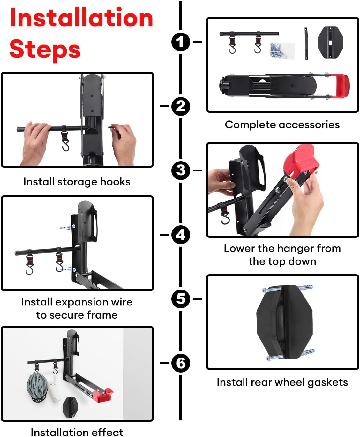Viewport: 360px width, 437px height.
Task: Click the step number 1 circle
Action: tap(181, 42)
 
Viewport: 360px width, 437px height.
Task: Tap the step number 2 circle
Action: tap(181, 106)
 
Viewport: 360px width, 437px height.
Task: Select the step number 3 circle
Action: tap(181, 170)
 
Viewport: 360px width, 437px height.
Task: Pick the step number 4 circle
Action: tap(181, 235)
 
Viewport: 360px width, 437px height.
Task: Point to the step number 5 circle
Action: tap(181, 299)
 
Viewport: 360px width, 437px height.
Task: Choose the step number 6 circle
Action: tap(181, 363)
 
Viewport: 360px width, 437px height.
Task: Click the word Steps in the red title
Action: tap(45, 50)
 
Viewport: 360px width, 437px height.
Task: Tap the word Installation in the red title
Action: tap(81, 18)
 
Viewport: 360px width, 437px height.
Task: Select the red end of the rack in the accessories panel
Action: tap(339, 86)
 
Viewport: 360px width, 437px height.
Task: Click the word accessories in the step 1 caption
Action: tap(309, 125)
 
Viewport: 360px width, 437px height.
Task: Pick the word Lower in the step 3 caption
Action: tap(239, 248)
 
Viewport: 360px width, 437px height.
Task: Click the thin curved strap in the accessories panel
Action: tap(306, 43)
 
